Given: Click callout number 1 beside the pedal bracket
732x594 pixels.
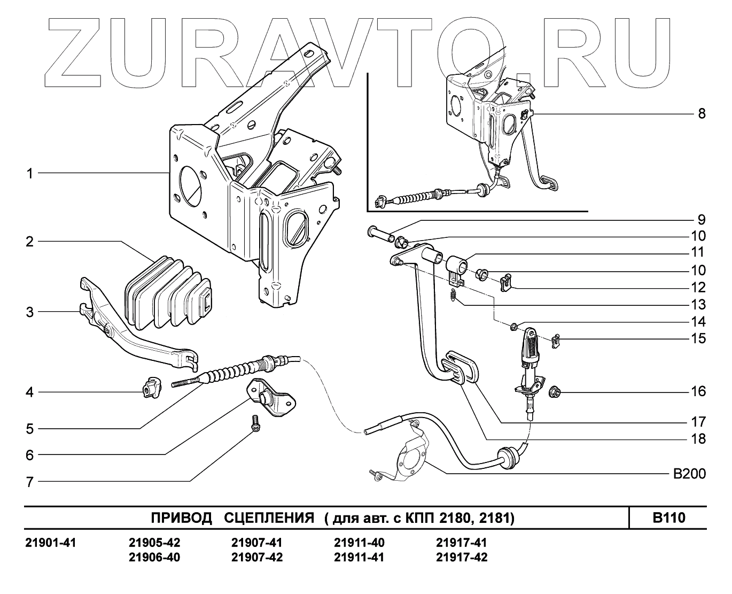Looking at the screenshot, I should (29, 174).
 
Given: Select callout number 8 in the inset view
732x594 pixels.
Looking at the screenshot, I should (701, 114).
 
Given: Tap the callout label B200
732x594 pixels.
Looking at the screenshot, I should (689, 474).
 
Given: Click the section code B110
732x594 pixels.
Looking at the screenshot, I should (668, 518).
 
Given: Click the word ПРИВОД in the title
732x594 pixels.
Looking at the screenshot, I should (182, 518).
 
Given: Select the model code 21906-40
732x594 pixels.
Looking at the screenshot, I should (154, 557).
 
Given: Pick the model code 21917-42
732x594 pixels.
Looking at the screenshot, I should (462, 557).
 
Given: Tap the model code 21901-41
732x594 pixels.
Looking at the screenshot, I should (51, 543).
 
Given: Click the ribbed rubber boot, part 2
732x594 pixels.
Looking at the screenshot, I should (166, 292).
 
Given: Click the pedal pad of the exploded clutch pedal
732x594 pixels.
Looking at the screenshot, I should (460, 366).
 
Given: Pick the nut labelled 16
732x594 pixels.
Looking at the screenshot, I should (555, 392).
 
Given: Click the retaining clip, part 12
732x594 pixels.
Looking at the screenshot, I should (505, 282).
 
